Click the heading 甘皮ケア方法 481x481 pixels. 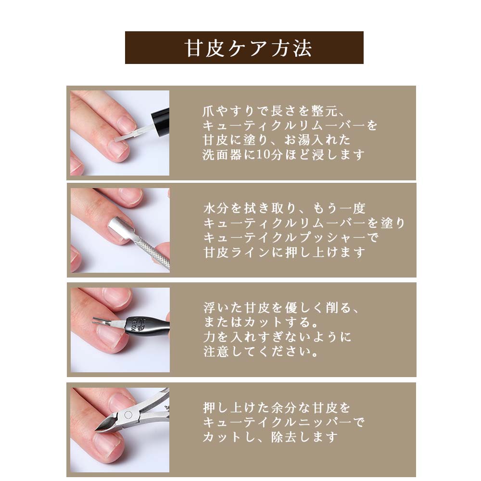coord(248,48)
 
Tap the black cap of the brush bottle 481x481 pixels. coord(161,122)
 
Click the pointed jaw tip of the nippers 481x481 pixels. coord(96,430)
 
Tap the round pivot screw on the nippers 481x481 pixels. coord(128,415)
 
